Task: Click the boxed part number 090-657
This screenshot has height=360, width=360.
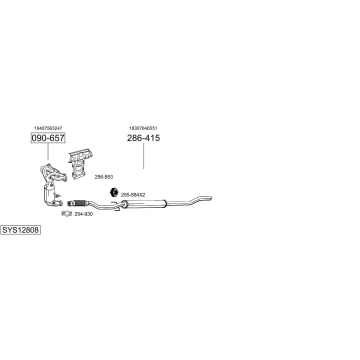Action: (48, 138)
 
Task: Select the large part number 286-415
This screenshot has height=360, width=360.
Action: (143, 138)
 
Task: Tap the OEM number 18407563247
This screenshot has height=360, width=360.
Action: (48, 128)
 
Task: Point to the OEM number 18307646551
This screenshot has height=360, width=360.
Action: (143, 128)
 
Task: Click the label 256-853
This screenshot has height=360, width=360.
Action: (104, 177)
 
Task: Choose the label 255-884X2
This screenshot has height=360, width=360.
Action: (133, 194)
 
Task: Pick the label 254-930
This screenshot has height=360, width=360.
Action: (83, 214)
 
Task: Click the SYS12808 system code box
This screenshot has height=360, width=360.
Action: (20, 229)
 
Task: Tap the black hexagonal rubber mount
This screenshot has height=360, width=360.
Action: (114, 192)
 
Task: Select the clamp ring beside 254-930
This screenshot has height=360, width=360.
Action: (66, 214)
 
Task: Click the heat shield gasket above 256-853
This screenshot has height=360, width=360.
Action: (80, 163)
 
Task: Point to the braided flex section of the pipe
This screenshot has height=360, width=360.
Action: (79, 203)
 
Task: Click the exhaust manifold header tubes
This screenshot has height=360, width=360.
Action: (53, 173)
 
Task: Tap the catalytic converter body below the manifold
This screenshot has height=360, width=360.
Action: (49, 192)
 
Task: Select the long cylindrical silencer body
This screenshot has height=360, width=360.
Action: (145, 203)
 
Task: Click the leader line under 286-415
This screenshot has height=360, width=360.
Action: (143, 156)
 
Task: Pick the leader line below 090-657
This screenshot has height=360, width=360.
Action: (48, 151)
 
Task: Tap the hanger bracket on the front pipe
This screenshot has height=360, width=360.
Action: (116, 206)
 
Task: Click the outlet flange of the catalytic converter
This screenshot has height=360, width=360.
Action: (58, 202)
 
